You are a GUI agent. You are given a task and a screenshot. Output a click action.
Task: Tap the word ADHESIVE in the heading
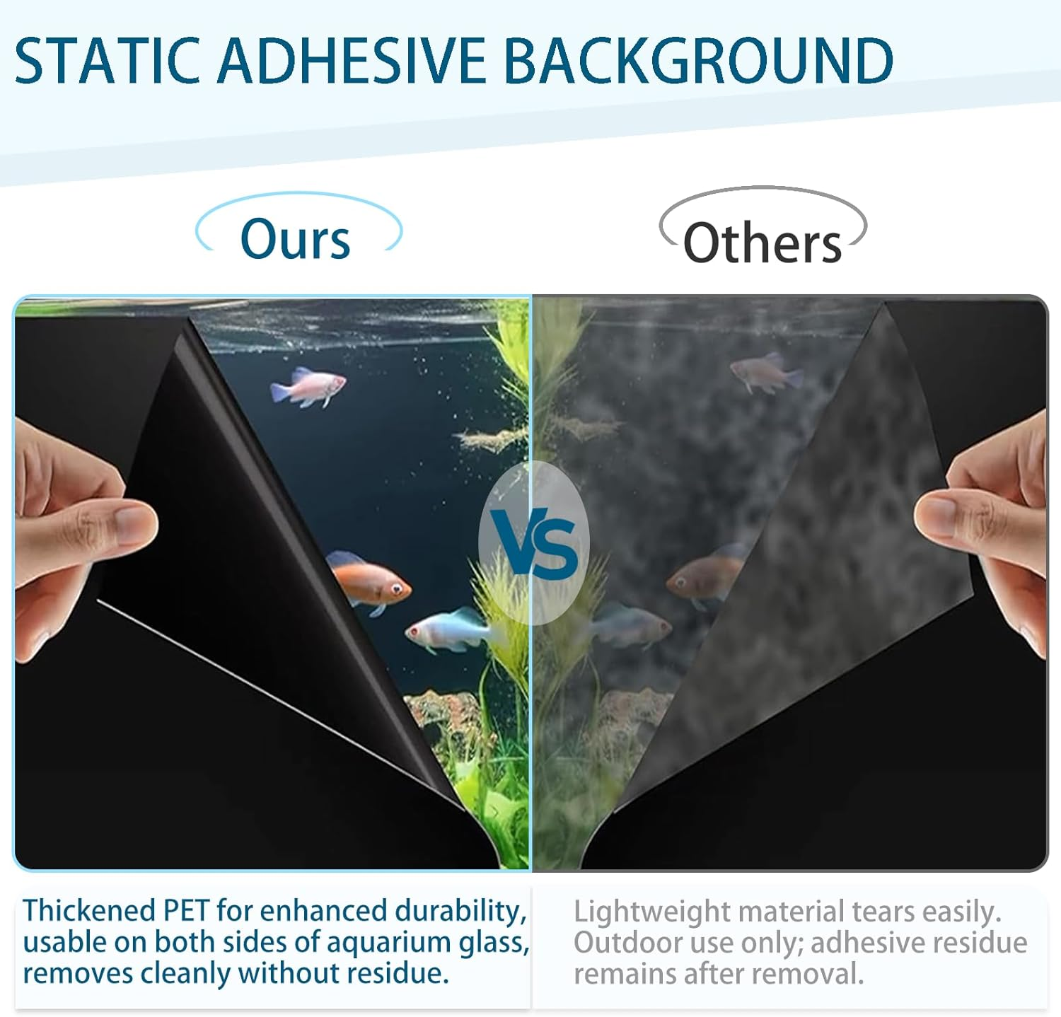point(352,61)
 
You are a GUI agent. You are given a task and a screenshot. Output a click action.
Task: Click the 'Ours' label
point(295,239)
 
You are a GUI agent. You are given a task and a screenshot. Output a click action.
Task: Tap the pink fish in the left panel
point(308,386)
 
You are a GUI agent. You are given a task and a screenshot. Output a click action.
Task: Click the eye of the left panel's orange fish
point(397,586)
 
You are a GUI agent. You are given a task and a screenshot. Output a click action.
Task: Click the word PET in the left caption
point(187,911)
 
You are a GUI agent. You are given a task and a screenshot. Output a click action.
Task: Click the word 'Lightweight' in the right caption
point(651,912)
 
